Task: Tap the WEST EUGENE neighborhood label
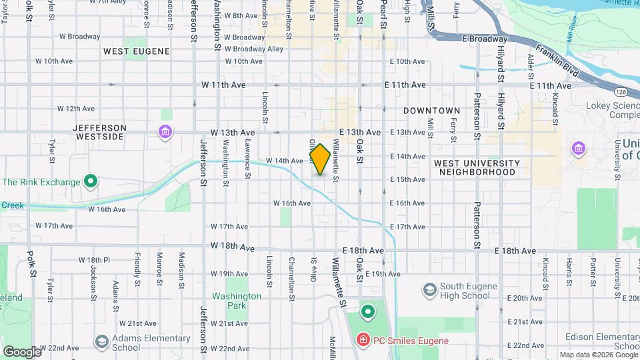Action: pyautogui.click(x=137, y=51)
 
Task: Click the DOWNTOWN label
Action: pyautogui.click(x=431, y=111)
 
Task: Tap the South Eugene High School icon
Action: pyautogui.click(x=429, y=289)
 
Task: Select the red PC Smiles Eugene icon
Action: pyautogui.click(x=363, y=341)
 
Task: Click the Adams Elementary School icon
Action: pyautogui.click(x=101, y=342)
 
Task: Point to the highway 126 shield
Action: pyautogui.click(x=621, y=91)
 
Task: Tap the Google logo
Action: pyautogui.click(x=21, y=351)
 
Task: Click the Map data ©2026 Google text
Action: pyautogui.click(x=597, y=355)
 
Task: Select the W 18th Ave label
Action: pyautogui.click(x=232, y=247)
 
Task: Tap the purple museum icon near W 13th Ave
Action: pyautogui.click(x=165, y=133)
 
